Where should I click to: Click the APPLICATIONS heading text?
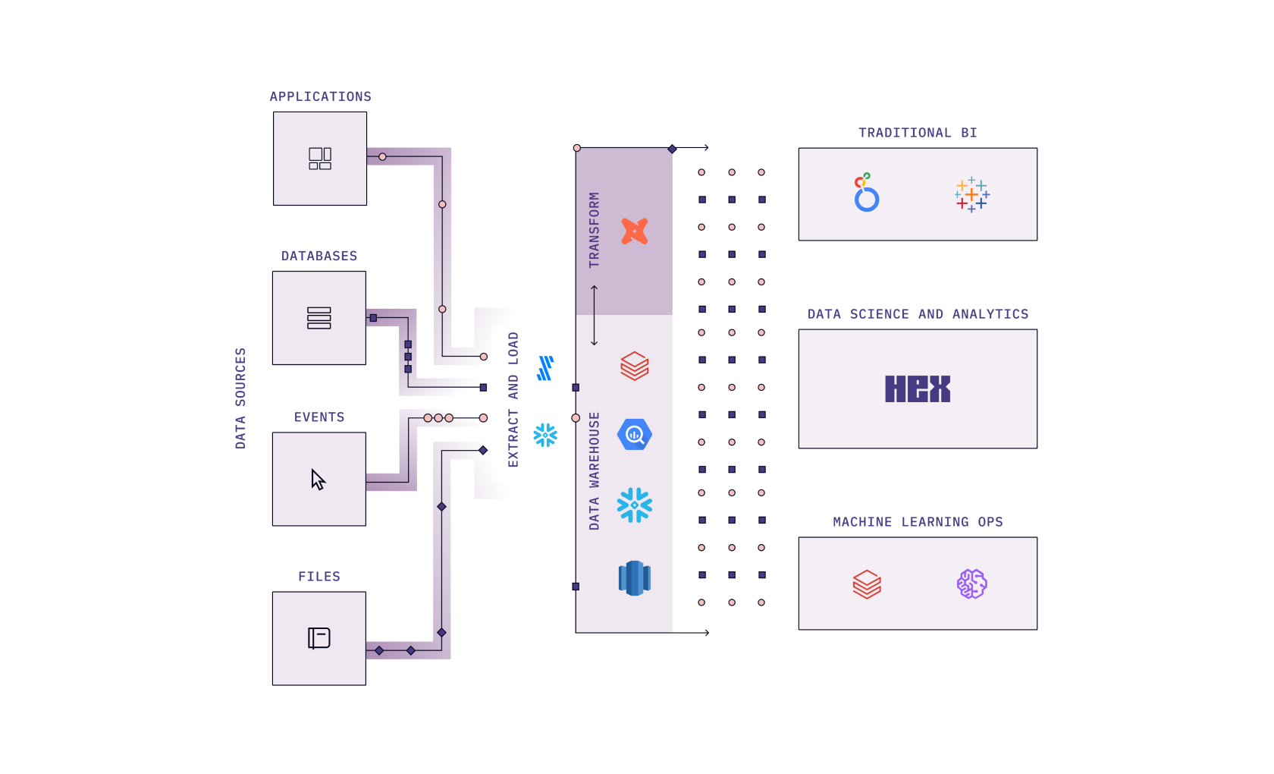pyautogui.click(x=320, y=97)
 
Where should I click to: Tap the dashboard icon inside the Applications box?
pyautogui.click(x=319, y=159)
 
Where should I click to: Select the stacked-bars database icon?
pyautogui.click(x=318, y=318)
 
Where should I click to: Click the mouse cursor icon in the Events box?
pyautogui.click(x=318, y=480)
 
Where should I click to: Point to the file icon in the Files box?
pyautogui.click(x=318, y=638)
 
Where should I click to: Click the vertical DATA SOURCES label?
pyautogui.click(x=240, y=398)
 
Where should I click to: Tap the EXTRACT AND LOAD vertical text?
pyautogui.click(x=513, y=399)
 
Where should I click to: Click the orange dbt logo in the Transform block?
pyautogui.click(x=634, y=231)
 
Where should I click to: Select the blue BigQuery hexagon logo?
pyautogui.click(x=634, y=435)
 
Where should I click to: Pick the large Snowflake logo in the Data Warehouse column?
pyautogui.click(x=634, y=505)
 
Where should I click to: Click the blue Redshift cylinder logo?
pyautogui.click(x=634, y=578)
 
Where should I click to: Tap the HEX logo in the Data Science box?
pyautogui.click(x=917, y=389)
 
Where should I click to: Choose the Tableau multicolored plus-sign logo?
pyautogui.click(x=971, y=195)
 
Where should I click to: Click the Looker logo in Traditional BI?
pyautogui.click(x=865, y=193)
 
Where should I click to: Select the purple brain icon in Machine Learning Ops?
pyautogui.click(x=971, y=584)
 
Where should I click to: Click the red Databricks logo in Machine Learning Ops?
pyautogui.click(x=866, y=584)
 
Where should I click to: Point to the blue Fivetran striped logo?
pyautogui.click(x=545, y=368)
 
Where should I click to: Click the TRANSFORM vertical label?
pyautogui.click(x=594, y=230)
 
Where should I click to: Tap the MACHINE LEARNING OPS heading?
pyautogui.click(x=918, y=522)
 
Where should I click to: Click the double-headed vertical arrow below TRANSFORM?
pyautogui.click(x=594, y=315)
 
